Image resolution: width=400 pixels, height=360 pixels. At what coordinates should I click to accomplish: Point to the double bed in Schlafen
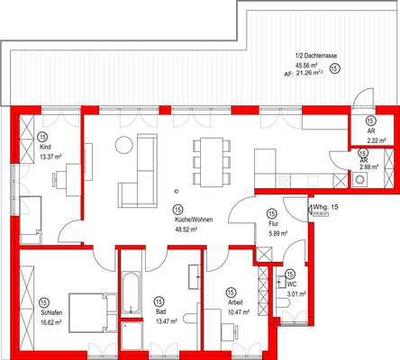(90, 311)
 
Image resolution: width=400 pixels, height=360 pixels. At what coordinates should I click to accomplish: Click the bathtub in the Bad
(132, 293)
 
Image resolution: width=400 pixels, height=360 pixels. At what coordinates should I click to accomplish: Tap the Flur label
(271, 225)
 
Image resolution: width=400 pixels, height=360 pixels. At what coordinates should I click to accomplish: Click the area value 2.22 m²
(371, 141)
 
